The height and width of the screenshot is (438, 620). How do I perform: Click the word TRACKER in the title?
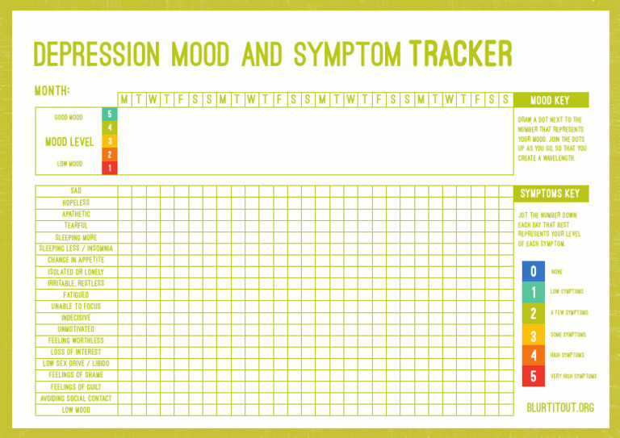coord(461,55)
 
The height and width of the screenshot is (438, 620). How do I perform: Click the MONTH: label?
coord(52,90)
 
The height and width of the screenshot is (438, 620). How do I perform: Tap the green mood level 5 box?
coord(109,115)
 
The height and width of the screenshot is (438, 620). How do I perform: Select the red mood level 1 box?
coord(109,168)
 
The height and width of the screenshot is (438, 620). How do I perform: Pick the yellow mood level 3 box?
coord(109,141)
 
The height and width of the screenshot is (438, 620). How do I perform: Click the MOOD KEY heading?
coord(551,100)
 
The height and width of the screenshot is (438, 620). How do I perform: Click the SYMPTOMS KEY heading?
coord(550,194)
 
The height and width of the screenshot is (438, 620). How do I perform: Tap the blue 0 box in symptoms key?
coord(533,272)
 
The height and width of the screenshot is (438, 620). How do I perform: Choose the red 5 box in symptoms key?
coord(533,376)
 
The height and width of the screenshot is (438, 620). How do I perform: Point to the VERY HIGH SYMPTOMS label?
coord(574,376)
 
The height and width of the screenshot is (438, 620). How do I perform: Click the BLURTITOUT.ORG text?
coord(560,407)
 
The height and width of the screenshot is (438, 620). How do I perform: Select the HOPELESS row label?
coord(76,202)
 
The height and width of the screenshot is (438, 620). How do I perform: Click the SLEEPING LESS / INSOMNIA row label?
coord(76,248)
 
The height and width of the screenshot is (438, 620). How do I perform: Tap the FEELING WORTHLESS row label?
coord(76,341)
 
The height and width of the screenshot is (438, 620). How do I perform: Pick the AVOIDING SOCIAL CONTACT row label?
coord(76,398)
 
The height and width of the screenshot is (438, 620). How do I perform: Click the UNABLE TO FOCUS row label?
coord(76,307)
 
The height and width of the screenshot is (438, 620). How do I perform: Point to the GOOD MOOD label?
coord(69,118)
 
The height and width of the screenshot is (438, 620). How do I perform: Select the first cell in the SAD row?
coord(125,191)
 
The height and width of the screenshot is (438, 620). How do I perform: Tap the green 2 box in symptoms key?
coord(533,313)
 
